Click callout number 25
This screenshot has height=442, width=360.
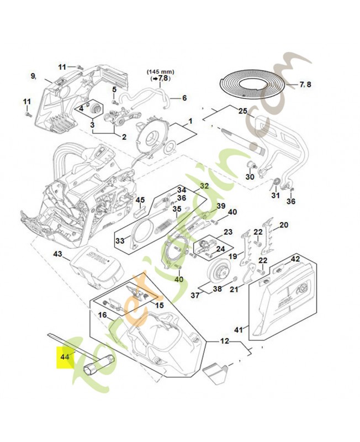coord(243,110)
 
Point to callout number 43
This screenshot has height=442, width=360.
coord(57,254)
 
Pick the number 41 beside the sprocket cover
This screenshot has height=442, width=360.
coord(239,330)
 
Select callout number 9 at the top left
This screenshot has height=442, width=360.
coord(33,76)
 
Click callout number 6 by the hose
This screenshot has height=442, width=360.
coord(184,98)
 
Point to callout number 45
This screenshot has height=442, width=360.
coord(140,200)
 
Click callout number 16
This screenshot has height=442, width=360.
coord(103,315)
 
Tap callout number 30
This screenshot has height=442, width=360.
coord(250,177)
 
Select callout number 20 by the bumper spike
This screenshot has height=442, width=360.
coord(284,225)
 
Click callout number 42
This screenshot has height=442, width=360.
coord(295,259)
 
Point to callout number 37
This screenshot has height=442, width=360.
coord(194,296)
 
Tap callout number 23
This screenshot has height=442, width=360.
coord(227,232)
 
